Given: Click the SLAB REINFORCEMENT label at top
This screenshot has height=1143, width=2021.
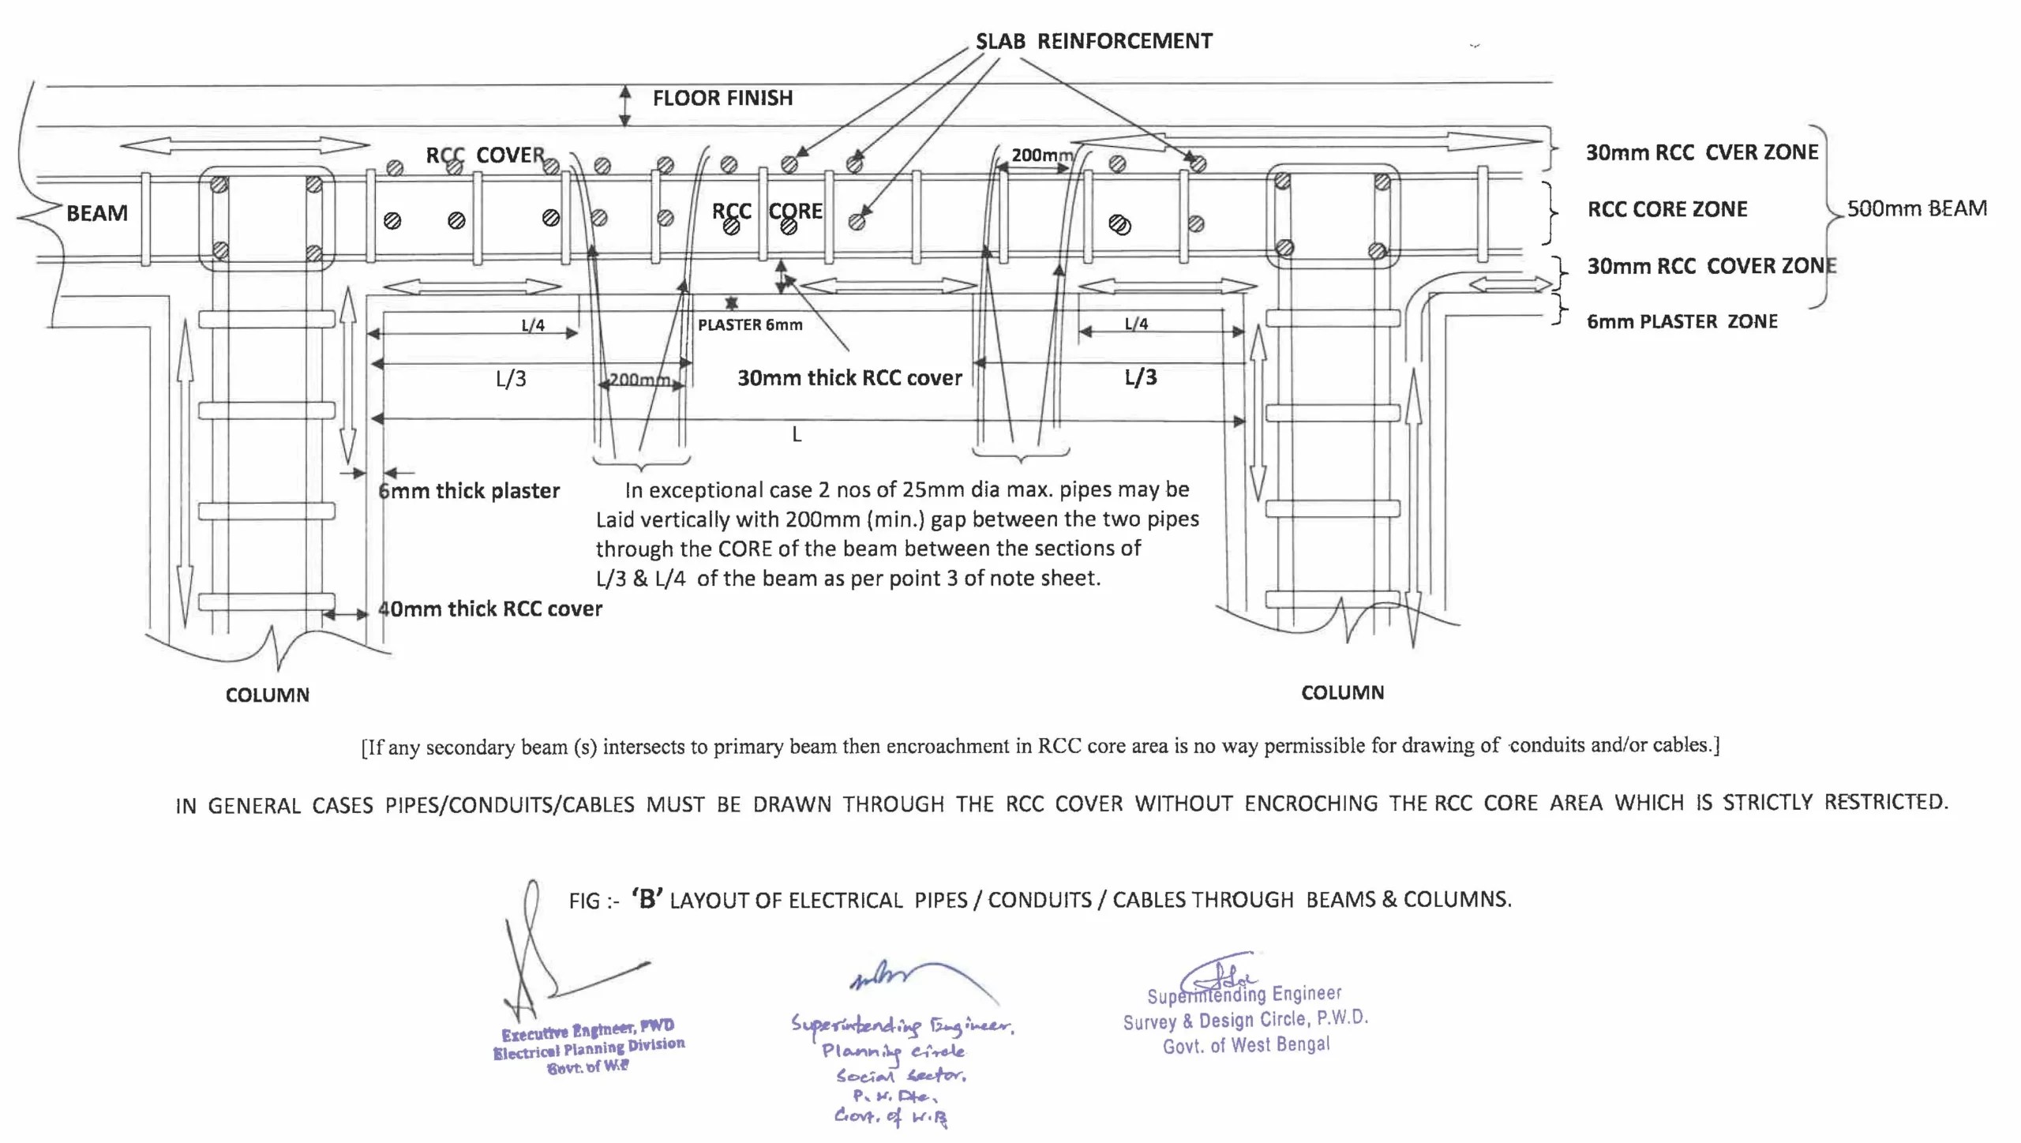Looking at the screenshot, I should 1093,41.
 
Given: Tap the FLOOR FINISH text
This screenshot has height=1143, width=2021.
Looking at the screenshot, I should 722,98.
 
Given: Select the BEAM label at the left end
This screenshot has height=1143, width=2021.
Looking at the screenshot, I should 96,213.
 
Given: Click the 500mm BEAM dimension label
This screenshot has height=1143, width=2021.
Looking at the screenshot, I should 1917,208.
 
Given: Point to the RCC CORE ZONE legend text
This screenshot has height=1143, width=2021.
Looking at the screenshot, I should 1667,209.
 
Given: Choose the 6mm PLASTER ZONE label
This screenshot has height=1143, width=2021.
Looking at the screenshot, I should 1682,321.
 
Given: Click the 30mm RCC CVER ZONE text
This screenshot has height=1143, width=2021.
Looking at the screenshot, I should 1702,152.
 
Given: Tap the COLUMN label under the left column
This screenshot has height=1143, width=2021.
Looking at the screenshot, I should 267,695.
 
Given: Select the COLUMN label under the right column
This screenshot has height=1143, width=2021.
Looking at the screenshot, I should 1342,692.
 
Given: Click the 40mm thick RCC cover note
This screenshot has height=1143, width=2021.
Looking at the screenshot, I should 489,609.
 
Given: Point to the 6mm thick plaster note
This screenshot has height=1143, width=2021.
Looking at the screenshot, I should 469,491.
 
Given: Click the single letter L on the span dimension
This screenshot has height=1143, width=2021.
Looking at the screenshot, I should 797,434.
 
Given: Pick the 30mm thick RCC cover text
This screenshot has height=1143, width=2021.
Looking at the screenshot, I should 849,378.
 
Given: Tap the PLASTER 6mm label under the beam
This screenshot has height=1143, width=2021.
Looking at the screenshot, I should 750,324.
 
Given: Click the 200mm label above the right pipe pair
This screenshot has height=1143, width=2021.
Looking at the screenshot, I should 1041,156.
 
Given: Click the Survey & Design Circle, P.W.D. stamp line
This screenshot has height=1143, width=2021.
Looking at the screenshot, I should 1245,1020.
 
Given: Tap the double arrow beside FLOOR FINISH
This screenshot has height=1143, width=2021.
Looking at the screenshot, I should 624,106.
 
